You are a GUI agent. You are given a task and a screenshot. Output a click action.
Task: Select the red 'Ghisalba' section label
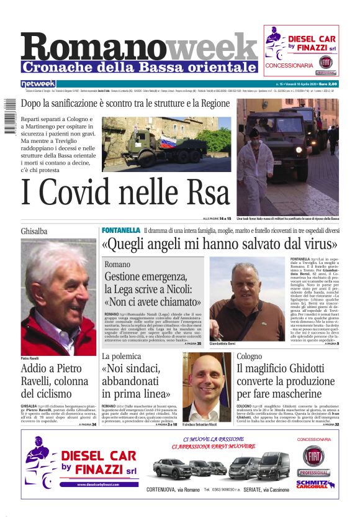34,231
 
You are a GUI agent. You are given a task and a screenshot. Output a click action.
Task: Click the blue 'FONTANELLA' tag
121,230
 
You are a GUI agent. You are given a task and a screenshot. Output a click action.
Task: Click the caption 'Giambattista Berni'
222,343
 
